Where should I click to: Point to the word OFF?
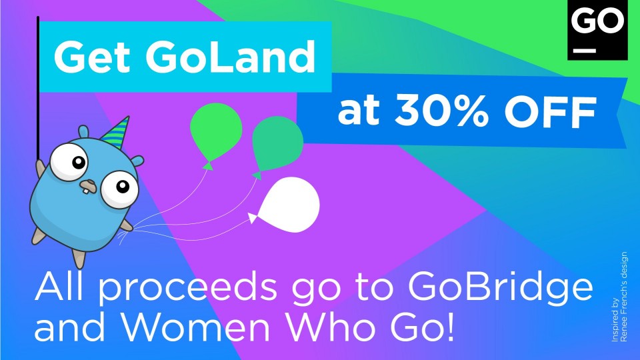click(x=549, y=111)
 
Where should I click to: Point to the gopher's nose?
click(x=87, y=183)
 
